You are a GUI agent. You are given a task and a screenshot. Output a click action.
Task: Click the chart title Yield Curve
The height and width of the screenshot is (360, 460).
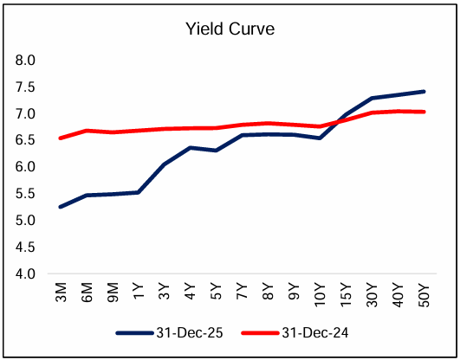coord(230,29)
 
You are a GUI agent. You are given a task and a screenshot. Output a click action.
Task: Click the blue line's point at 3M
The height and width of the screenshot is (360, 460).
coord(59,207)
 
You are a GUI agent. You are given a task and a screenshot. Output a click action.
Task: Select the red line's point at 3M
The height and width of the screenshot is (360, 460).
coord(59,138)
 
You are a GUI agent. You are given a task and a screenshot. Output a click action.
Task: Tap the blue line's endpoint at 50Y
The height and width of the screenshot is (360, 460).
coord(424,91)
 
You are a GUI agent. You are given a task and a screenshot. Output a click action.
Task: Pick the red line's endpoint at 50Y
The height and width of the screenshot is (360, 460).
coord(424,112)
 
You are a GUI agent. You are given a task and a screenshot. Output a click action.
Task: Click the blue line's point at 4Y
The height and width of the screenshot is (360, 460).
coord(189,148)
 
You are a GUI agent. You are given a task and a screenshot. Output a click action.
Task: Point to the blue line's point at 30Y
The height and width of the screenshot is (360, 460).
coord(372,98)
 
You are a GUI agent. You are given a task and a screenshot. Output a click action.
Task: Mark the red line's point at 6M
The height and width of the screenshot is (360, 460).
coord(85,131)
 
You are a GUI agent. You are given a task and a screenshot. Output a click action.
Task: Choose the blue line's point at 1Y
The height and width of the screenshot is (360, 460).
coord(137,192)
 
